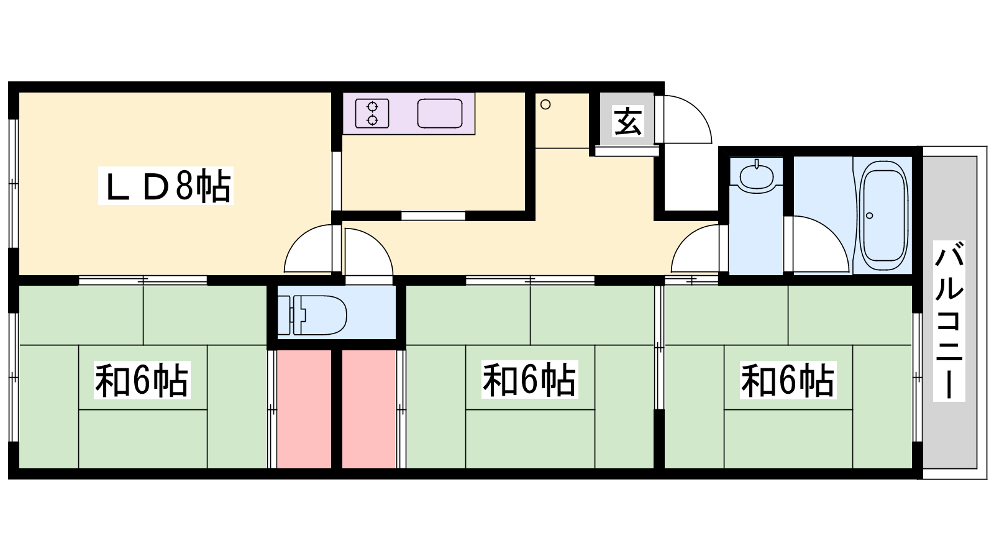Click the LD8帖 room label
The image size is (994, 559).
(165, 186)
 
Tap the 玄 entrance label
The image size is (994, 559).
(627, 121)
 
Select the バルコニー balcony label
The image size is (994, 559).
(949, 320)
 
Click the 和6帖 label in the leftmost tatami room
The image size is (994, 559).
(142, 379)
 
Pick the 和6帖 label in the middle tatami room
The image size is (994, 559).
(530, 379)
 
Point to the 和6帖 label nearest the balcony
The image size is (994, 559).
(788, 379)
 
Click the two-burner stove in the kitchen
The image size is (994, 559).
(372, 113)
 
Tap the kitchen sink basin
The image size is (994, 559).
(440, 113)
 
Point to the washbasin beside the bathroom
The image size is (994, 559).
(756, 176)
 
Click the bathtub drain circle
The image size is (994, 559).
(869, 216)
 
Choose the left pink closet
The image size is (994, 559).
(304, 409)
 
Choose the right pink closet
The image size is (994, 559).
(369, 409)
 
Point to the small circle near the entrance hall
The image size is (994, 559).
(546, 105)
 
